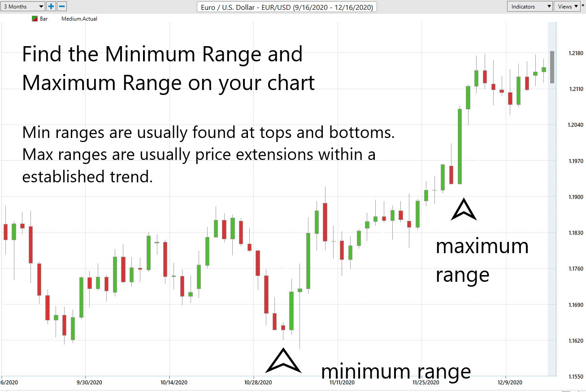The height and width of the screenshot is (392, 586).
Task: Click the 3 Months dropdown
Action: (x=22, y=7)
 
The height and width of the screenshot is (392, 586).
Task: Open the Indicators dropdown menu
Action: (x=530, y=7)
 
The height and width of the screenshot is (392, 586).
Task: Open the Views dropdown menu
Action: (x=567, y=7)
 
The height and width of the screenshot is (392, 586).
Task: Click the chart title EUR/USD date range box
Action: (x=286, y=7)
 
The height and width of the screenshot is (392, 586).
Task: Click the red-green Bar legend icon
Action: (x=35, y=19)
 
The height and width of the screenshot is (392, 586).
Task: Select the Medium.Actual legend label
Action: (x=79, y=19)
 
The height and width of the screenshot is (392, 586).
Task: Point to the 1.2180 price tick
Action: (x=576, y=53)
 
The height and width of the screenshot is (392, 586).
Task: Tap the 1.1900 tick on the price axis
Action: (x=576, y=197)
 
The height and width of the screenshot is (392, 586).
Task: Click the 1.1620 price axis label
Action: (x=576, y=341)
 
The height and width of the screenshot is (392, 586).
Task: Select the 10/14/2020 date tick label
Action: (x=174, y=383)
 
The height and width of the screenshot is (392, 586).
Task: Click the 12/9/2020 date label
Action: (x=510, y=383)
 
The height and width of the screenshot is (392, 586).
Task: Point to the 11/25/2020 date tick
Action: (x=425, y=383)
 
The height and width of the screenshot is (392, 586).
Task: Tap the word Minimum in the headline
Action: (x=150, y=54)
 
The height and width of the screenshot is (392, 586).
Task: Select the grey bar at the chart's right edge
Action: (x=552, y=67)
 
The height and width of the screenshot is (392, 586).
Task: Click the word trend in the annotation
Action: (x=131, y=177)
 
